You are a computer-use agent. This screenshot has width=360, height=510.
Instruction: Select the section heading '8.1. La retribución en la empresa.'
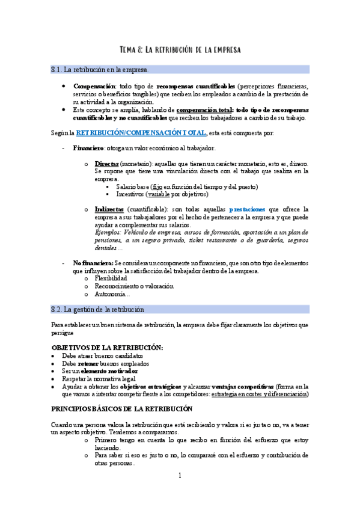coord(100,70)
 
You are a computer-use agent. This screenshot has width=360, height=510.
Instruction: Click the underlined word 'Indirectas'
coord(109,210)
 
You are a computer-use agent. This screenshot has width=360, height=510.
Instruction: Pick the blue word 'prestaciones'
coord(251,210)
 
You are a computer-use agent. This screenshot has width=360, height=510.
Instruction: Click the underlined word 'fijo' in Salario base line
coord(157,187)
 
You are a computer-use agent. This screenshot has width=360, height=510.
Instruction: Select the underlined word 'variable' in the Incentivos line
coord(159,194)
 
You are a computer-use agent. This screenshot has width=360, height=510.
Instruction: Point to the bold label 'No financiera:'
coord(93,263)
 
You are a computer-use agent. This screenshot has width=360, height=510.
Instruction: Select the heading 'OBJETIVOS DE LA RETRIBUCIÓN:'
coord(107,348)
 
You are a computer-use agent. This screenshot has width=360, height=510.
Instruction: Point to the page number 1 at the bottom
coord(180,476)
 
